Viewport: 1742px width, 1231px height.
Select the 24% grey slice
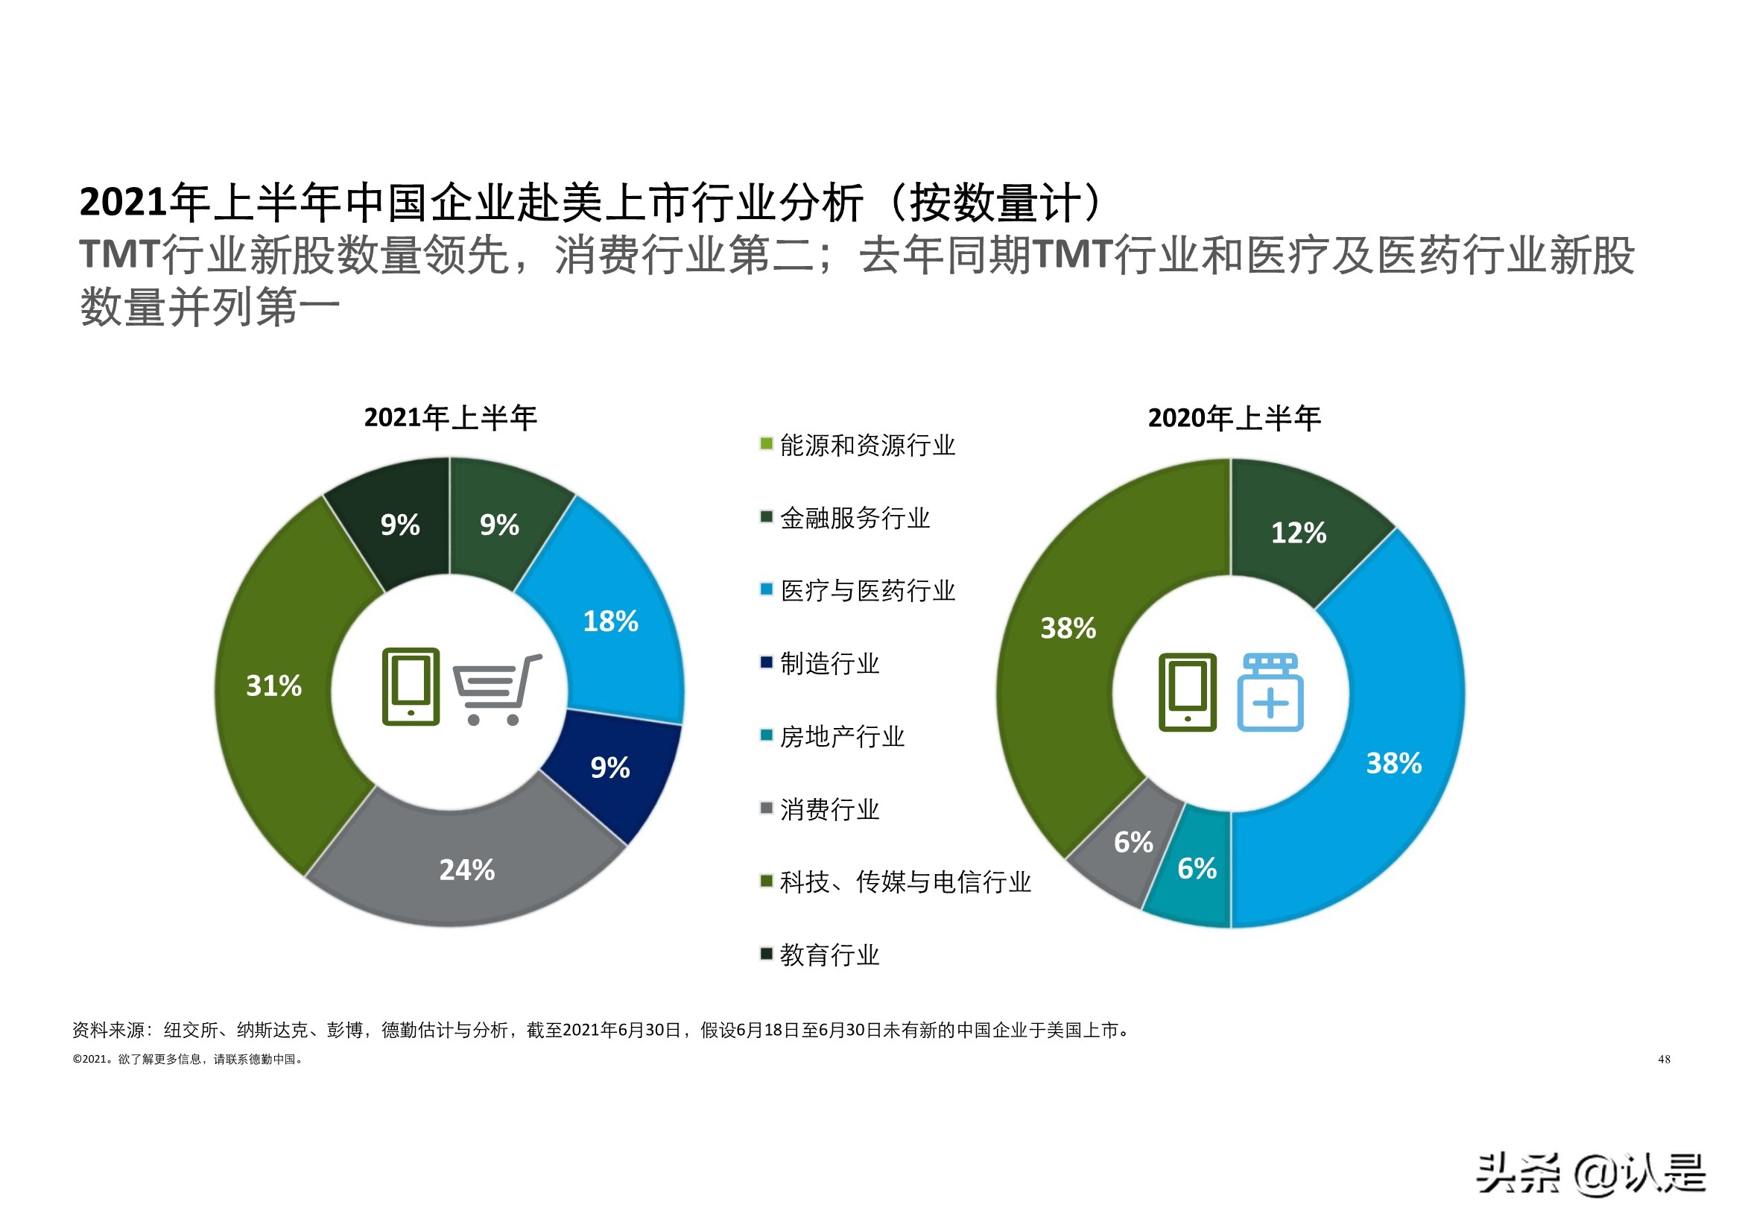pos(466,869)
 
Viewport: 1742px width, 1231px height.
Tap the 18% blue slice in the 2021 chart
pos(611,621)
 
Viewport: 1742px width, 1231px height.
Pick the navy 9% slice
pos(611,768)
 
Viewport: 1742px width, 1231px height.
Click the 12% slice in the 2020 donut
pos(1299,532)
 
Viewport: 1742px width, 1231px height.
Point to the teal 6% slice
pos(1197,868)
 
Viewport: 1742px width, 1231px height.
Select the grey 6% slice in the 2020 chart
pos(1133,842)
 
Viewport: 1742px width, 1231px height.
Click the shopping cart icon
pos(497,689)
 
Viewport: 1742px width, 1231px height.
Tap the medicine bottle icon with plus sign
pos(1270,692)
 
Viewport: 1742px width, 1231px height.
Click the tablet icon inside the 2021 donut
pos(411,686)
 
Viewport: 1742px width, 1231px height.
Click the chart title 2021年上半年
pos(450,417)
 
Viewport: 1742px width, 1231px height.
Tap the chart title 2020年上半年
pos(1234,418)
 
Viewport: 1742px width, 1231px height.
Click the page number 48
pos(1664,1059)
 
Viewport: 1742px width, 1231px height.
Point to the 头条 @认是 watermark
pos(1590,1174)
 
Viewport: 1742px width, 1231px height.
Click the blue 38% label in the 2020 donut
pos(1394,763)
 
